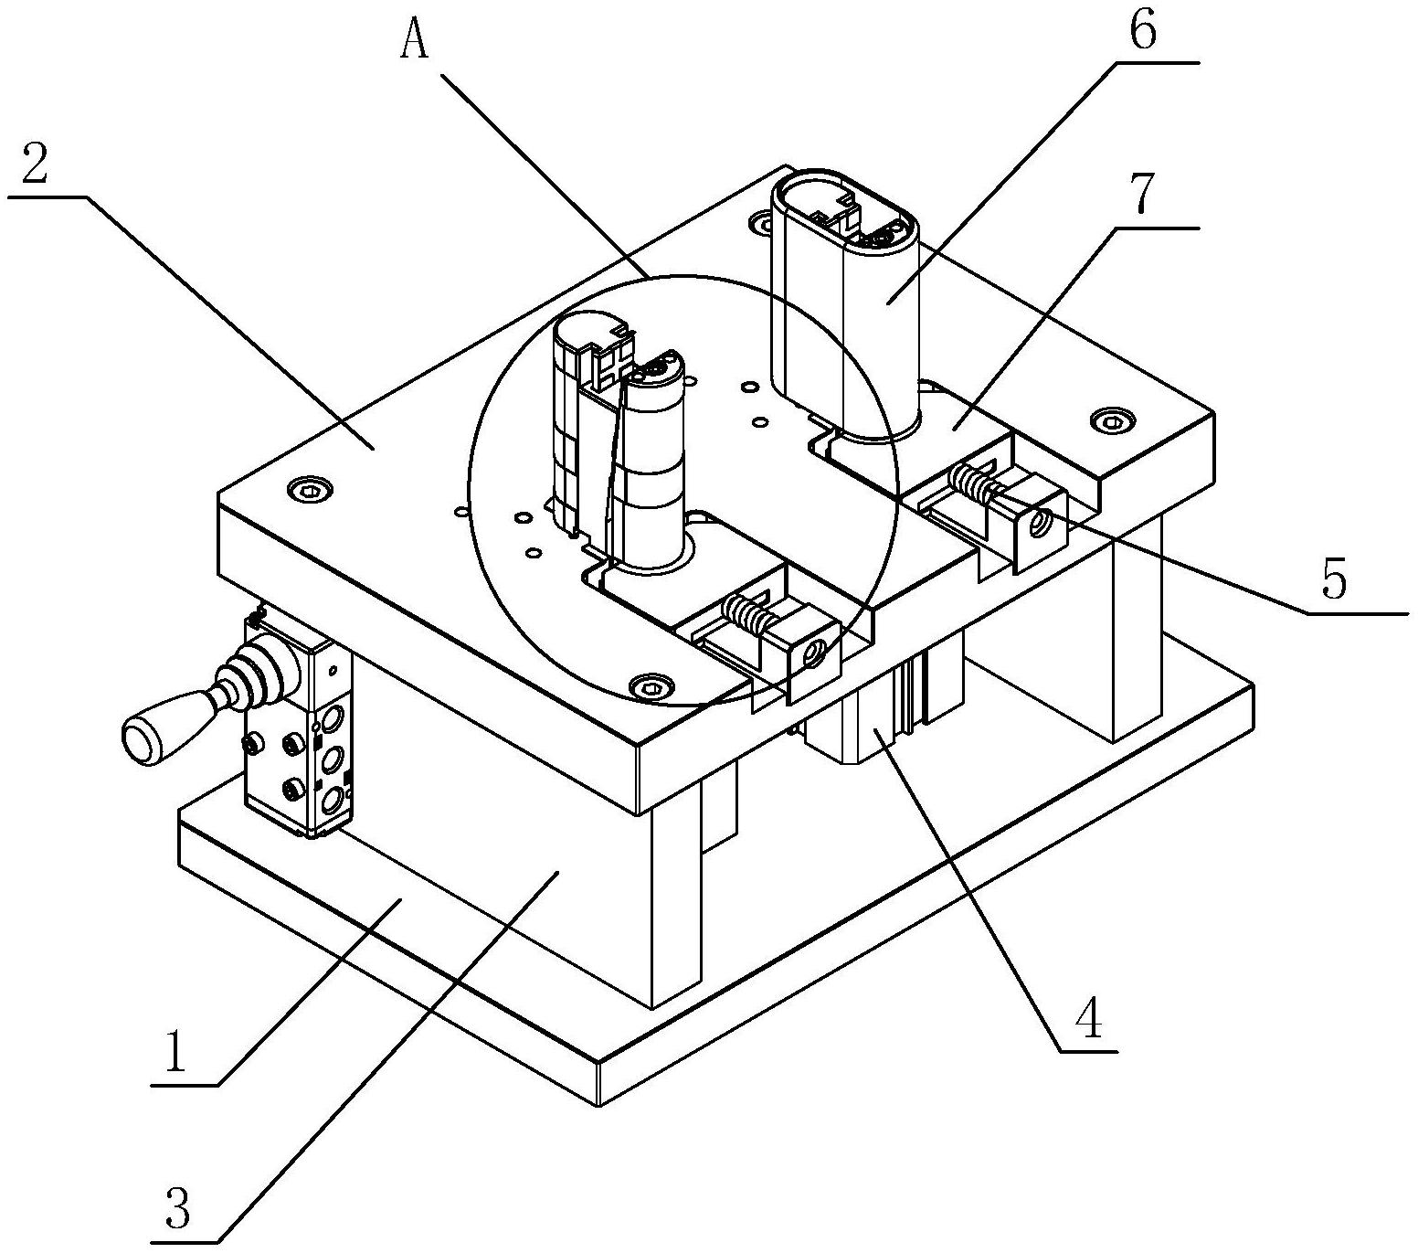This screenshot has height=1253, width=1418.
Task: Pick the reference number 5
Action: tap(1335, 579)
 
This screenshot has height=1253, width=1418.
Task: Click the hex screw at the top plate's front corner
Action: tap(651, 685)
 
